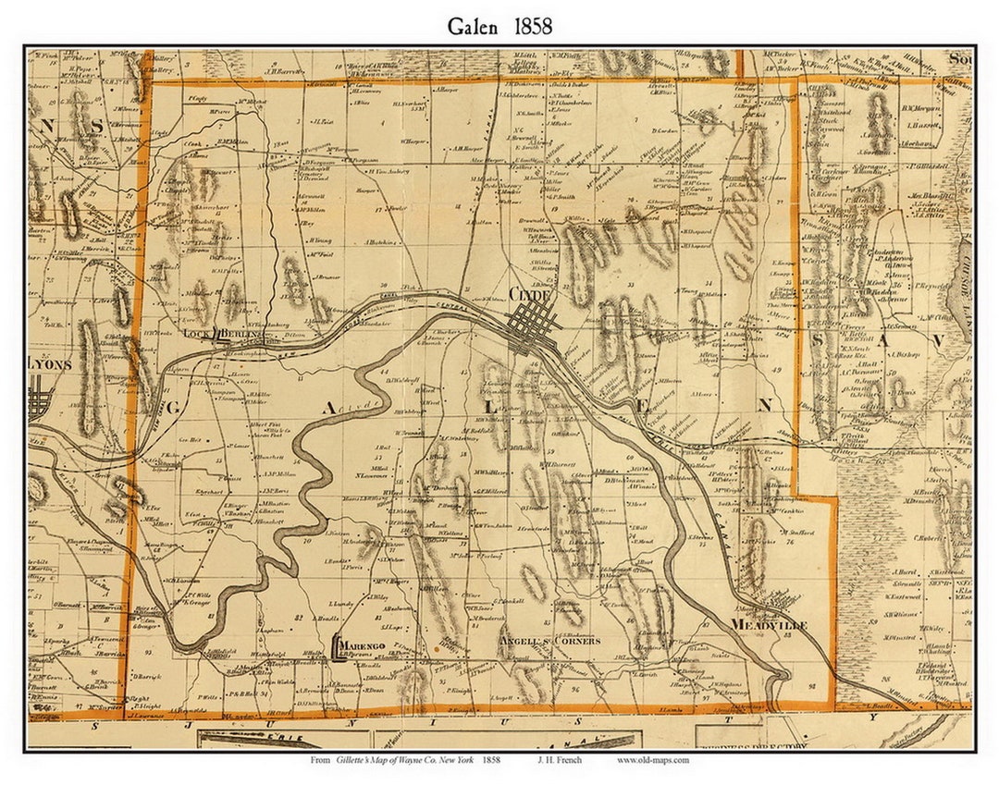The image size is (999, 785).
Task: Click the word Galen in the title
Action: point(475,26)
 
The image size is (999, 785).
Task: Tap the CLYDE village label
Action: point(530,294)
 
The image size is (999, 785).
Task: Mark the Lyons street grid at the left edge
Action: point(41,404)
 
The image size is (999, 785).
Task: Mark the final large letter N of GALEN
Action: point(764,404)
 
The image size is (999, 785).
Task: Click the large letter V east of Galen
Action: point(937,341)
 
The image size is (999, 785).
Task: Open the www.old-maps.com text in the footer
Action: point(653,760)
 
